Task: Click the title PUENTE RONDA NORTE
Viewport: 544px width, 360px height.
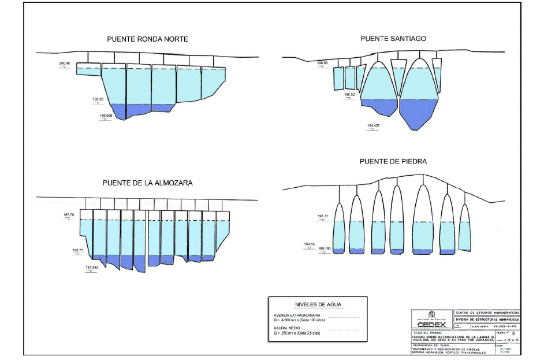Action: pos(147,39)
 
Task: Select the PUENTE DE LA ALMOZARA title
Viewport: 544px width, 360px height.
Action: pos(147,183)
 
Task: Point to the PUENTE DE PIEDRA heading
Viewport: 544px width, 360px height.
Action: pos(393,161)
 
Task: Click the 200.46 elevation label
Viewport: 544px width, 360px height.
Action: pos(65,62)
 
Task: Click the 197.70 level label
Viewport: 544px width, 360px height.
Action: pos(69,214)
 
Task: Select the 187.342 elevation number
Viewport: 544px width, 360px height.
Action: pos(92,268)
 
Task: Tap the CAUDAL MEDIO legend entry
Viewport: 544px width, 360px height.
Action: pos(287,328)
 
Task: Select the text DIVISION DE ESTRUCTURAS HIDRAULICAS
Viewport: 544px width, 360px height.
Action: pos(487,319)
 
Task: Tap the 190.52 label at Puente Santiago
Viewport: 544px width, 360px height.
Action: pos(350,94)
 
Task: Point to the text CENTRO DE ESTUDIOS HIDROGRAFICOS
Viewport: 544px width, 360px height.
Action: pos(487,312)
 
